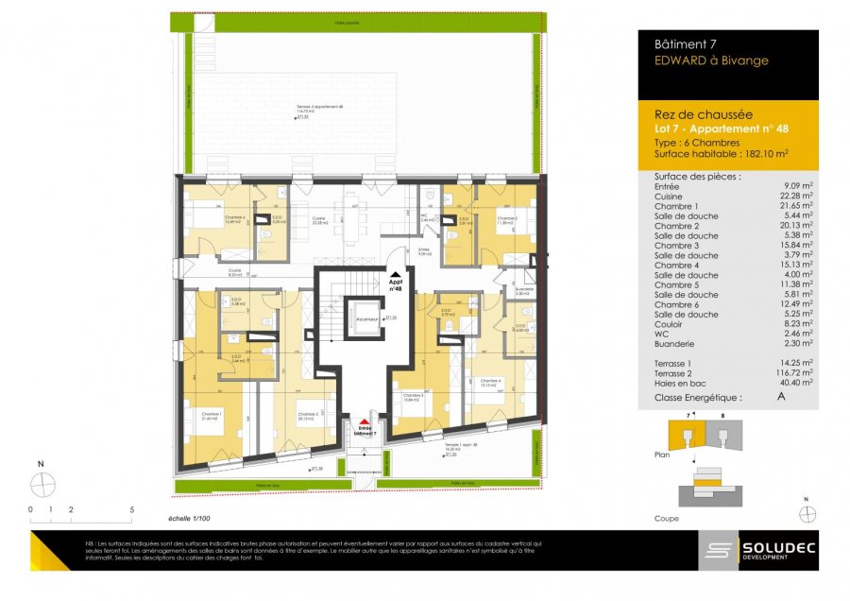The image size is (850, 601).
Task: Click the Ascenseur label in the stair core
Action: (366, 319)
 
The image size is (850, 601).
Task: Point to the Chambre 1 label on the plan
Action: (212, 414)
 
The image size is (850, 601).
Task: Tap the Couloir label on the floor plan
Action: (234, 270)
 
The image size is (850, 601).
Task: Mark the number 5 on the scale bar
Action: (131, 508)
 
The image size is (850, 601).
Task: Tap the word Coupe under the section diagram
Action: (667, 519)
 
